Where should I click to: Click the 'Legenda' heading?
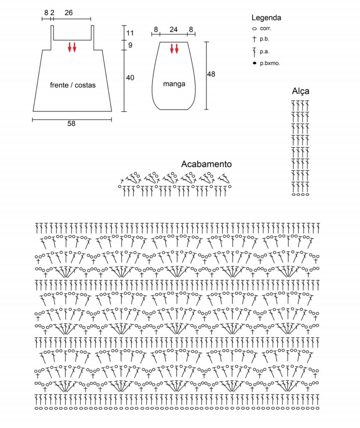(266, 18)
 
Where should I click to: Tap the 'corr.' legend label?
(266, 28)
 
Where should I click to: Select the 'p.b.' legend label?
(264, 39)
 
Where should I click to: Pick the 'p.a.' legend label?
(264, 51)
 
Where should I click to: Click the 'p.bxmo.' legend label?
(270, 64)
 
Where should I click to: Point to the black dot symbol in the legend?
(255, 63)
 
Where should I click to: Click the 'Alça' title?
(301, 91)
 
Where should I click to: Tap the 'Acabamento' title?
(206, 164)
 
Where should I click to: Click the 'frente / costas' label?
(73, 85)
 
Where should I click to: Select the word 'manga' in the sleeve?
(174, 84)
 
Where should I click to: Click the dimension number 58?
(71, 124)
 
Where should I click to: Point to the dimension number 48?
(211, 74)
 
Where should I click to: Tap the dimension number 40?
(130, 78)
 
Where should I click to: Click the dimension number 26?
(69, 13)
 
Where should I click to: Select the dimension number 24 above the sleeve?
(174, 30)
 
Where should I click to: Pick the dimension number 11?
(130, 33)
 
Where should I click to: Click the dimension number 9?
(130, 45)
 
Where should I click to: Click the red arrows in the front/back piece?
(72, 47)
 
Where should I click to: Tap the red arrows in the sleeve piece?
(174, 48)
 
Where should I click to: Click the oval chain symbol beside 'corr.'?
(255, 29)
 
